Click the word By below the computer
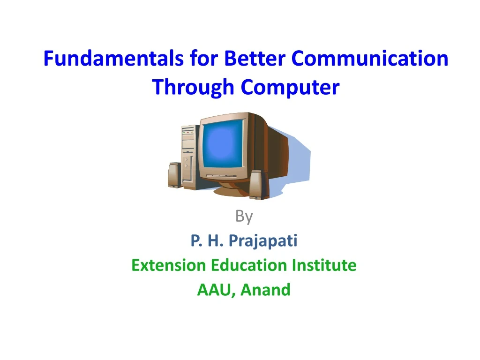(244, 217)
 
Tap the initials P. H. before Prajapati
(207, 241)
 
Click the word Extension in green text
(169, 265)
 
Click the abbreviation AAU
(216, 290)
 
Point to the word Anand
(266, 290)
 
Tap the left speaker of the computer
(174, 175)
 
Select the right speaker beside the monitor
(258, 185)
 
